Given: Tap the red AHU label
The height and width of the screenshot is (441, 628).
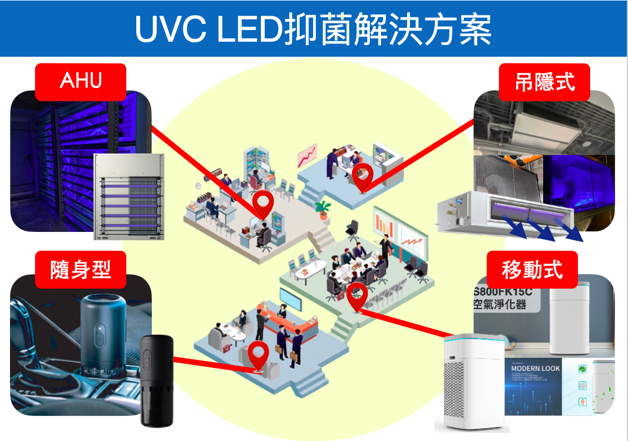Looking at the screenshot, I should coord(81,81).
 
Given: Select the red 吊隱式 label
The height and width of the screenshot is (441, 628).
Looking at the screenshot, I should coord(545,82).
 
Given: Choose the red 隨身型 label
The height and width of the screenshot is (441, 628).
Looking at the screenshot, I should coord(81,270).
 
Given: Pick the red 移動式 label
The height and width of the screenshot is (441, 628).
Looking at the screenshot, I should coord(532,270).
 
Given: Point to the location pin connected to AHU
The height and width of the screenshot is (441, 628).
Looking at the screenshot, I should coord(263,205).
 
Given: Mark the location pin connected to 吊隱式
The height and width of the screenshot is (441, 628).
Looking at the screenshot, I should coord(362,177).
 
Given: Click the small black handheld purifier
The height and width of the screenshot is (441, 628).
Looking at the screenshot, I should coord(156,380).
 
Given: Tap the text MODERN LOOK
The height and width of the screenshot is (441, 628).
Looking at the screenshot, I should coord(536,368).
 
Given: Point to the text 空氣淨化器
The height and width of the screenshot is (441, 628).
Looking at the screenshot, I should coord(499,305).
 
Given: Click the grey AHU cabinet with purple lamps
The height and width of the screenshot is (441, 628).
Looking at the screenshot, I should coord(129,196).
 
